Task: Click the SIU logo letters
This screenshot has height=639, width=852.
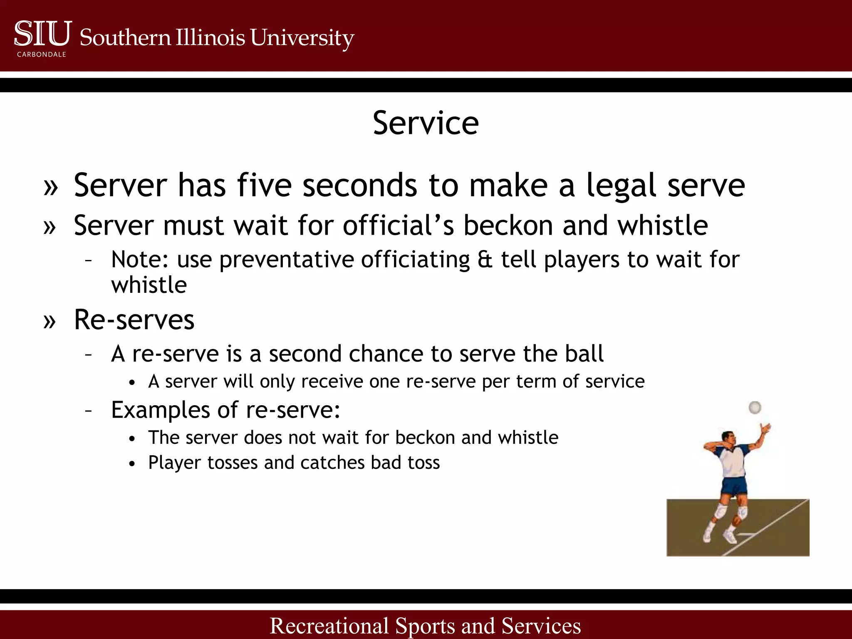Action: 43,34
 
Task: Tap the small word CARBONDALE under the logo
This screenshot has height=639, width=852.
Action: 42,54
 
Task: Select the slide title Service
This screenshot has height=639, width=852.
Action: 426,123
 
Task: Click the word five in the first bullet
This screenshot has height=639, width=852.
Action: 264,185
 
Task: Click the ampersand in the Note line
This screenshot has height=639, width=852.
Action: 485,260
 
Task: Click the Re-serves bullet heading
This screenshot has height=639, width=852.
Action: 134,320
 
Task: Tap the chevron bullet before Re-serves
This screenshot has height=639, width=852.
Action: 50,321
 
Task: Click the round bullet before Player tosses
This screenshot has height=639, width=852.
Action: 132,464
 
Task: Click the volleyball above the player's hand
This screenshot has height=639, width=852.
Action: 755,407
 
